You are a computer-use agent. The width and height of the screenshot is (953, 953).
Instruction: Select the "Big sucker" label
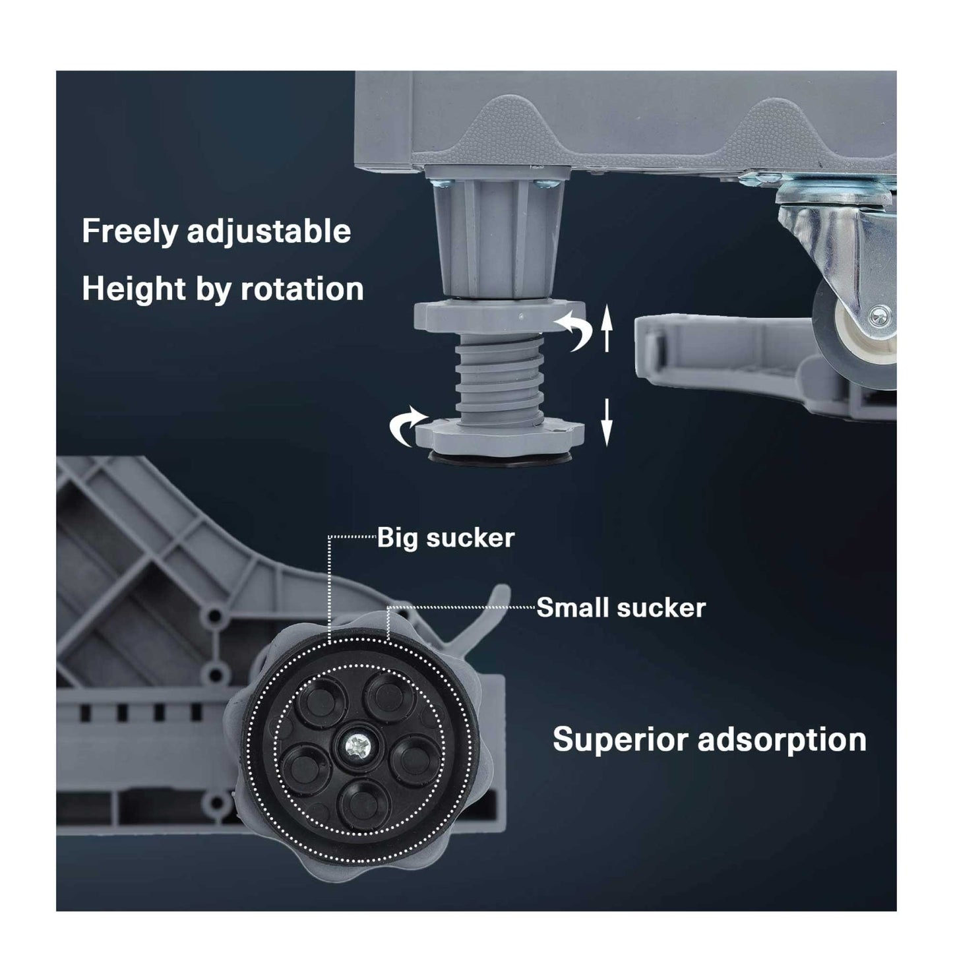(445, 538)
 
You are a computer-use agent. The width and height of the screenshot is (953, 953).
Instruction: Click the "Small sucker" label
(621, 607)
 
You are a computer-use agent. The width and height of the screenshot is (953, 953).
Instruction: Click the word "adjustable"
(268, 231)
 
